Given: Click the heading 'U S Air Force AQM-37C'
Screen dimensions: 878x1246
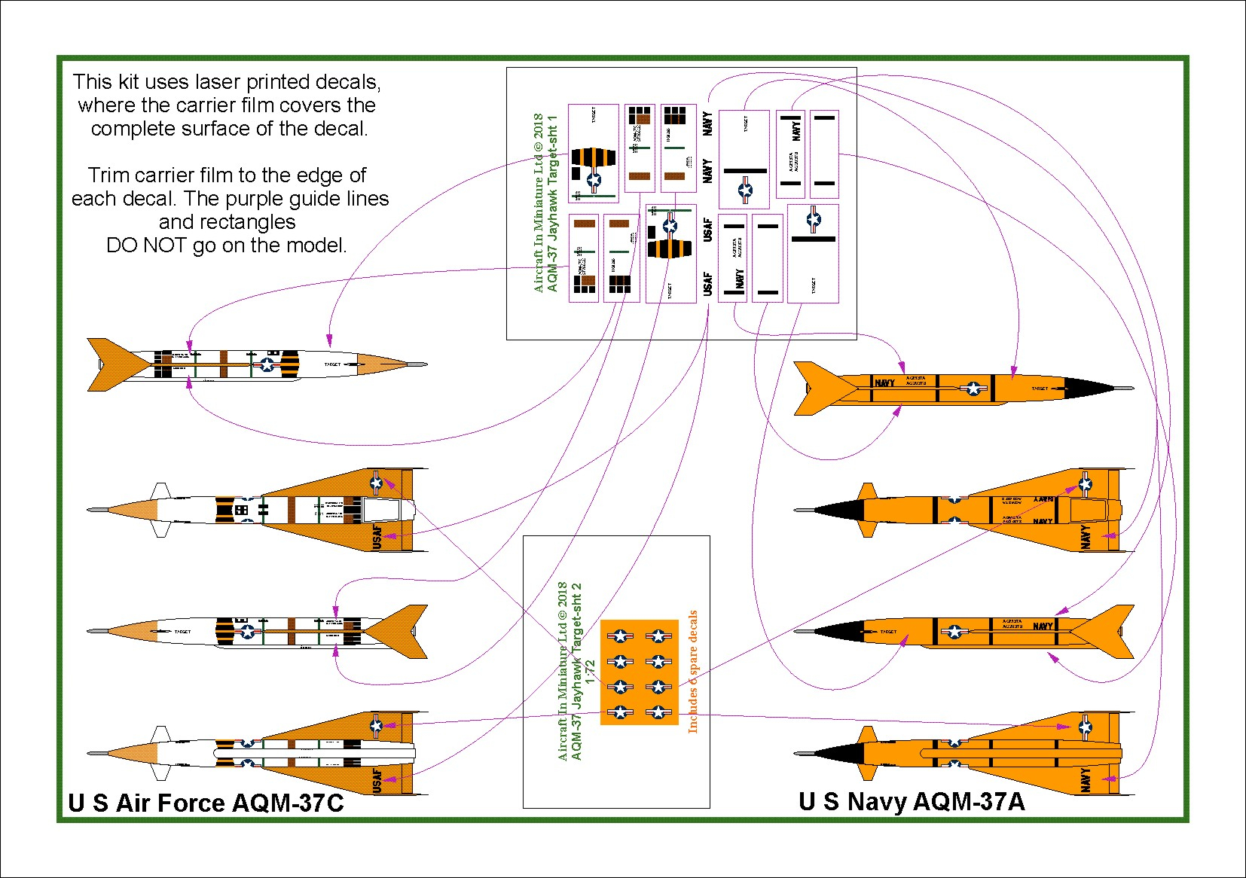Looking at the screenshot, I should pos(206,803).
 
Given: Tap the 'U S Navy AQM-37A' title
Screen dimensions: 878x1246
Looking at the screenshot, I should pos(912,801).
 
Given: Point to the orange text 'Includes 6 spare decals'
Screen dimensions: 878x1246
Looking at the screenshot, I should pos(693,672).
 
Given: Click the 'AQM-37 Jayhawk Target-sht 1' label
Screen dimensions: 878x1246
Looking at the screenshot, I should pos(552,203).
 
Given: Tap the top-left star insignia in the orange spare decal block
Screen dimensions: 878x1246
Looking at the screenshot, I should pos(620,636).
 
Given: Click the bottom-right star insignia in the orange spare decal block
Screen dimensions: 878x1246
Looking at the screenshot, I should pos(658,712).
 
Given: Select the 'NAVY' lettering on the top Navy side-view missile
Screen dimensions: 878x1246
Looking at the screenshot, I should pos(884,383).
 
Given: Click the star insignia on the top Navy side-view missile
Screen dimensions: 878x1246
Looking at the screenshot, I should pos(973,389).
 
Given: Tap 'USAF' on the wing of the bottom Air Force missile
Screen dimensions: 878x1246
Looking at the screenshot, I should pos(377,780).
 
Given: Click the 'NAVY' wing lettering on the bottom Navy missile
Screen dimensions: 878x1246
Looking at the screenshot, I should pos(1085,779).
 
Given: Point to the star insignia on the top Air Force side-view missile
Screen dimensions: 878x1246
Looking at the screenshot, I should pos(267,364).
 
